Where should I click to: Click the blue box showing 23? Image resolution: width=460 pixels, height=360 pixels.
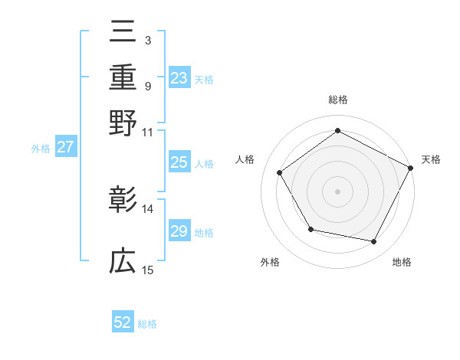pos(179,78)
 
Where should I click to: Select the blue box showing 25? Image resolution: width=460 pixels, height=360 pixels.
pos(179,162)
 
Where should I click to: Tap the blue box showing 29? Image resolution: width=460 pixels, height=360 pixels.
pos(179,231)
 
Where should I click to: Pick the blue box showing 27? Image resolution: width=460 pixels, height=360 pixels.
pos(65,148)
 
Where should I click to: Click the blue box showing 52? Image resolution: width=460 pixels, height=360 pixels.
pos(123,322)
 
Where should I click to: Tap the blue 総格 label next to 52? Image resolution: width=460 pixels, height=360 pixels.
pos(147,324)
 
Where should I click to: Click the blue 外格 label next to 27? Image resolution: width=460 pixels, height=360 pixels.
pos(41,149)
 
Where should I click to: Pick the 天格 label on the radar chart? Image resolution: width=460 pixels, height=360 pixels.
pos(431,159)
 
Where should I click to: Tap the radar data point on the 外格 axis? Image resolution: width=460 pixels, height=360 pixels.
pos(310,229)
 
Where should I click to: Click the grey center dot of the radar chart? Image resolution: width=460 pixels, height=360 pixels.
pos(337,191)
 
